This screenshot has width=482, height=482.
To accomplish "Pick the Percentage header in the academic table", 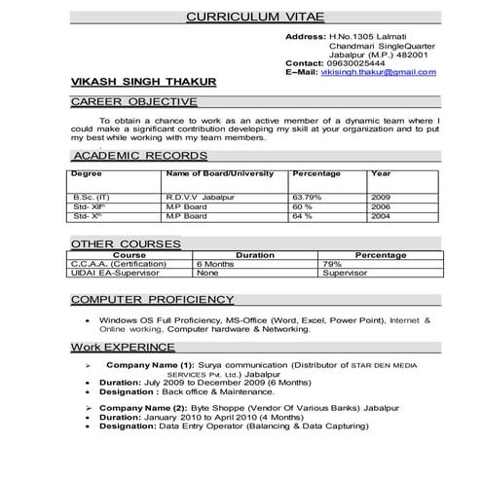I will click(x=316, y=172).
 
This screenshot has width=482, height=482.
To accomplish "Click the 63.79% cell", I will click(x=309, y=196).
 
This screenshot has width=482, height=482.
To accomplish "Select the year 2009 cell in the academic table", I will click(x=381, y=196).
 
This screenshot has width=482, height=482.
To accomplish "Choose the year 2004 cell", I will click(x=381, y=215).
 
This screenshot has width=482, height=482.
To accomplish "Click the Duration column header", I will click(x=255, y=254).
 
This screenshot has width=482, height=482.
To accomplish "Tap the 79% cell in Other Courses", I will click(x=333, y=263).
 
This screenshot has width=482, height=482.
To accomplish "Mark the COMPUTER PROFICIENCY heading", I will click(x=152, y=298).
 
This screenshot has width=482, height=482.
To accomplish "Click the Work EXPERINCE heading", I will click(x=122, y=347).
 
